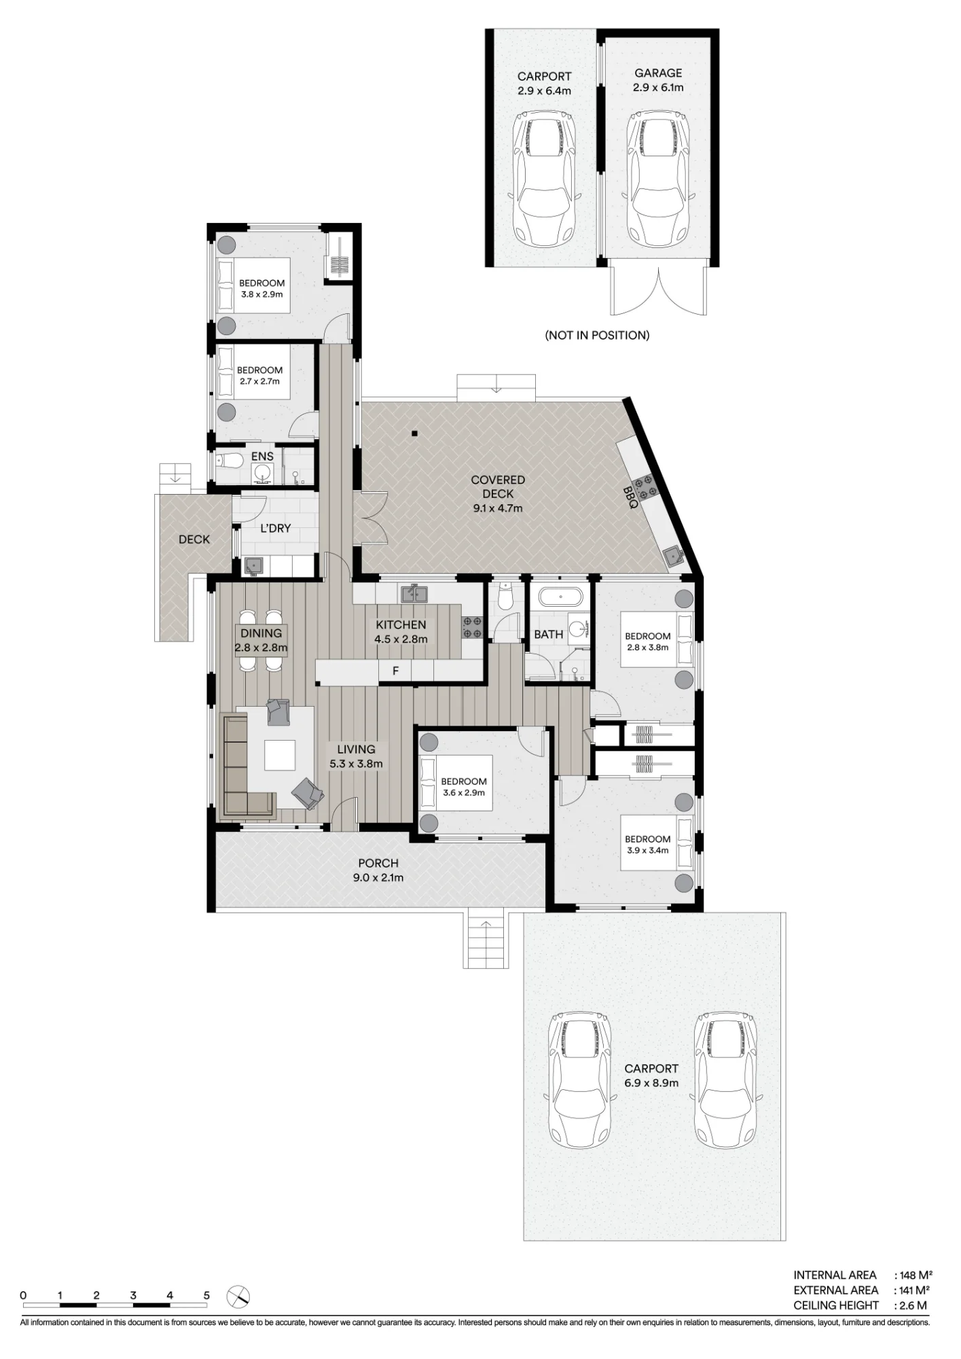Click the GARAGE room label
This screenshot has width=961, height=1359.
click(658, 73)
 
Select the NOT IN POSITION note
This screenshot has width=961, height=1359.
click(597, 335)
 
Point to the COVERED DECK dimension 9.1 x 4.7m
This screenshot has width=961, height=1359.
click(498, 508)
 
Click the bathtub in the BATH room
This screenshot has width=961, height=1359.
click(560, 598)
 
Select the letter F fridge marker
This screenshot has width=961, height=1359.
click(395, 671)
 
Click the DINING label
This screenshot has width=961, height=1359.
click(261, 633)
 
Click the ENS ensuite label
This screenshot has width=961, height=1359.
click(262, 457)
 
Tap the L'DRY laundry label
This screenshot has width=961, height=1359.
click(276, 528)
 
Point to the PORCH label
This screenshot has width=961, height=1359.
click(378, 863)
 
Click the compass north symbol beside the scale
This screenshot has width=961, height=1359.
click(239, 1296)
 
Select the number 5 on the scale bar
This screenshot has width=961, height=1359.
click(206, 1295)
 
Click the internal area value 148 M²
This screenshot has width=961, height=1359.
click(915, 1275)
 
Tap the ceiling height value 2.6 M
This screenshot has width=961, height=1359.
click(913, 1305)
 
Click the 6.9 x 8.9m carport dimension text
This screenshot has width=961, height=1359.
click(651, 1083)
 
